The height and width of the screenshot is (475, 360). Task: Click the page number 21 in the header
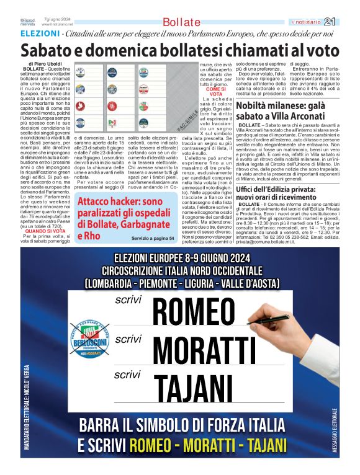tap(347, 22)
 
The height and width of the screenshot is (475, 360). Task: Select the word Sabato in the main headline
tap(47, 50)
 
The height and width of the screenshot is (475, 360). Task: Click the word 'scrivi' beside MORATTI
tap(128, 339)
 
